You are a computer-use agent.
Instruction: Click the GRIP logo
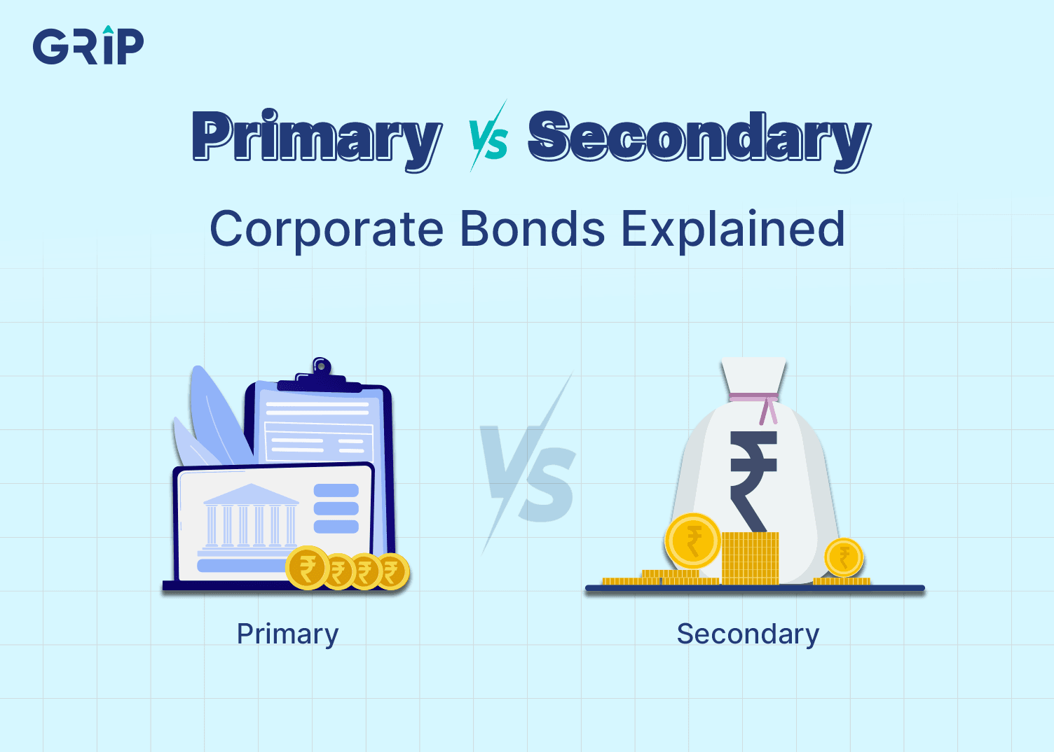coord(88,46)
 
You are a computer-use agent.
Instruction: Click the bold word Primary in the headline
coord(317,137)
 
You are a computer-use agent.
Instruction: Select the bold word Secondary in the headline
coord(699,137)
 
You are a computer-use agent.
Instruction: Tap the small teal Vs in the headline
coord(489,138)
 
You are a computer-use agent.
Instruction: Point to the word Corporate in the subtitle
coord(327,230)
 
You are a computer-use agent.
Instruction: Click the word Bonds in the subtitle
coord(533,230)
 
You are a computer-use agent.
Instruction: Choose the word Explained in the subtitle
coord(733,230)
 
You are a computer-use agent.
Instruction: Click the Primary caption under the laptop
coord(287,634)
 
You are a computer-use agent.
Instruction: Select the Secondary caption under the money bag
coord(748,634)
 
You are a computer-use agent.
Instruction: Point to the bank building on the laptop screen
coord(250,518)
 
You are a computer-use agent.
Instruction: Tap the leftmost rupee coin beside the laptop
coord(307,568)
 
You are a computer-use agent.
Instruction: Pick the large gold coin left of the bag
coord(692,541)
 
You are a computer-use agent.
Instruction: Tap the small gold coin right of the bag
coord(844,557)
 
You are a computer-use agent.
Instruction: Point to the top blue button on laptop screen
coord(336,490)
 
